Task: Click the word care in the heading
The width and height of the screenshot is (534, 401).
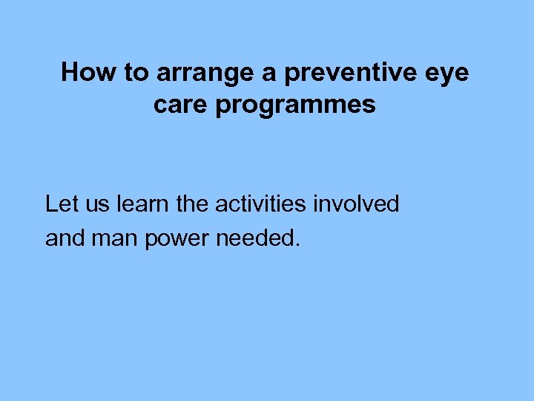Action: [181, 105]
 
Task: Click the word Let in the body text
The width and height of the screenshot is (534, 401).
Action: [59, 203]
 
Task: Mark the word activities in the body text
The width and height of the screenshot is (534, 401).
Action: [261, 203]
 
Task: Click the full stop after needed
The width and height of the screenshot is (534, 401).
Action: [297, 245]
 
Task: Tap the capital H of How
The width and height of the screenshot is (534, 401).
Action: [70, 73]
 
